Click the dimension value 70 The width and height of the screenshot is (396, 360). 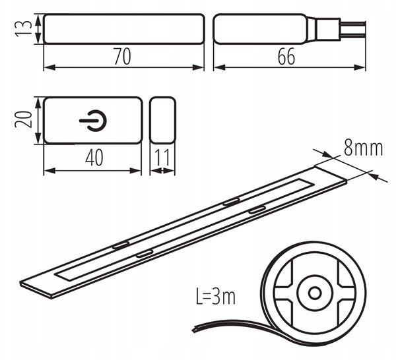(122, 57)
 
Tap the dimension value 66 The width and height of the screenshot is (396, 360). (286, 57)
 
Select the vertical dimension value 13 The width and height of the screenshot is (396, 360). (24, 29)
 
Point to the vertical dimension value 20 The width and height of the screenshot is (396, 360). (24, 119)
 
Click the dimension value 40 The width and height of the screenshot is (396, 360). (94, 158)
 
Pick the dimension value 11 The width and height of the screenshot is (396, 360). (162, 158)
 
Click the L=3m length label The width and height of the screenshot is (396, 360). (215, 297)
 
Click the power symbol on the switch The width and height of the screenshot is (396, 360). (93, 121)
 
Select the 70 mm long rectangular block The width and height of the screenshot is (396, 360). (124, 29)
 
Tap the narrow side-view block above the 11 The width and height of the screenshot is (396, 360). (162, 121)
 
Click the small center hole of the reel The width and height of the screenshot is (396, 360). (315, 293)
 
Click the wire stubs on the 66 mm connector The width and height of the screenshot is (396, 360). (353, 29)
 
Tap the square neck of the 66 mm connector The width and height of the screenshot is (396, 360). (328, 29)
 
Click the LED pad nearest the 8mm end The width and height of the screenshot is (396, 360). (257, 210)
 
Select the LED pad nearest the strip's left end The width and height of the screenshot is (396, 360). (121, 245)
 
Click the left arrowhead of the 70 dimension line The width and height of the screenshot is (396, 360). (49, 67)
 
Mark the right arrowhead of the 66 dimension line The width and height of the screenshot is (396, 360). (360, 67)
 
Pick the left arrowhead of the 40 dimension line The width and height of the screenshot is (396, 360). (49, 171)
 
